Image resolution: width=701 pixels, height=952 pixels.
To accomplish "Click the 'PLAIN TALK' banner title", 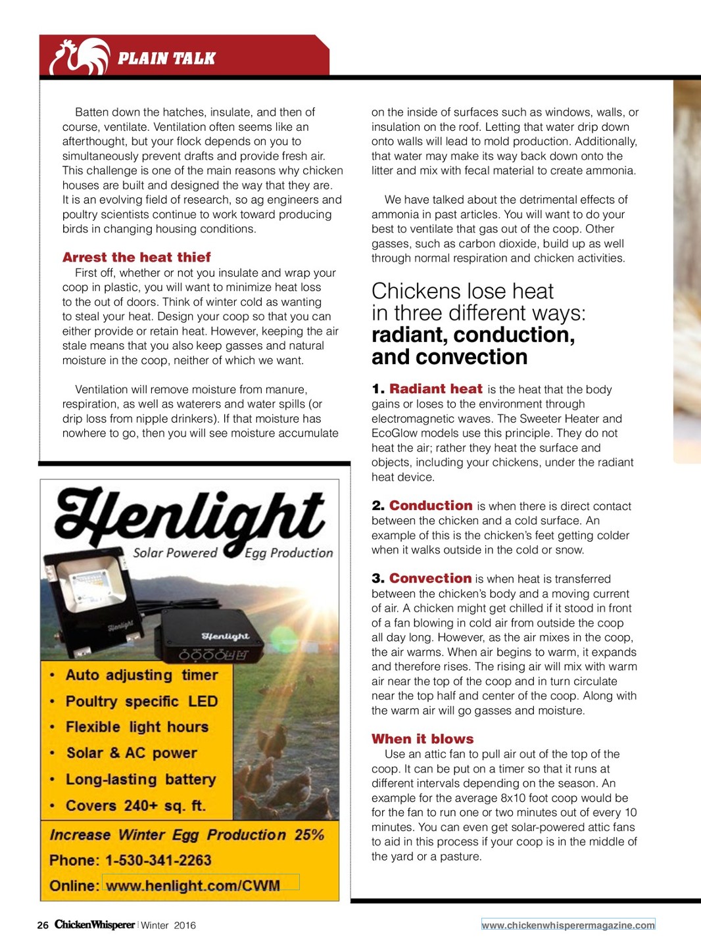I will [166, 59].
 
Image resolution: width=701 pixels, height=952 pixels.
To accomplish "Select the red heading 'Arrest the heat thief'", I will [137, 257].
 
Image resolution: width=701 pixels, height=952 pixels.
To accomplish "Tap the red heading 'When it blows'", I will [422, 739].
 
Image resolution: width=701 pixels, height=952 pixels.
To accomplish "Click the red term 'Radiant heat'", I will [436, 389].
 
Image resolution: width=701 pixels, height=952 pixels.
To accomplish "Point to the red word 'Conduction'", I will [431, 506].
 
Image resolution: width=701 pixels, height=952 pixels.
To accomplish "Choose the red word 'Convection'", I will [430, 579].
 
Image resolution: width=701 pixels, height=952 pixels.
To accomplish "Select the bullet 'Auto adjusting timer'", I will [141, 675].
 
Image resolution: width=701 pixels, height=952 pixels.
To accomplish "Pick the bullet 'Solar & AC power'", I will [132, 753].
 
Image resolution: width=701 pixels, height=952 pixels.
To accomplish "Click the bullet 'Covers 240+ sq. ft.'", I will [135, 805].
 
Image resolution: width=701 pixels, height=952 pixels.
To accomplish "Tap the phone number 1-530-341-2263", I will [158, 861].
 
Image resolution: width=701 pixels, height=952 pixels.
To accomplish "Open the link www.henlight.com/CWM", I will [193, 886].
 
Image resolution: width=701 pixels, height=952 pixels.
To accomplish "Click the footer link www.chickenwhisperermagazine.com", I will [568, 925].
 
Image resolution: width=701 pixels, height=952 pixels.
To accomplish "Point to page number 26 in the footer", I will [43, 926].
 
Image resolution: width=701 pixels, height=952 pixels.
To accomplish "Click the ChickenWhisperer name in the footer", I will [95, 925].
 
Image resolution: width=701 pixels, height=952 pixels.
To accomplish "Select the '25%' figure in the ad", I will [309, 835].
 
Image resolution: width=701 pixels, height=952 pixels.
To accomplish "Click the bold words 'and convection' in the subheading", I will [449, 357].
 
